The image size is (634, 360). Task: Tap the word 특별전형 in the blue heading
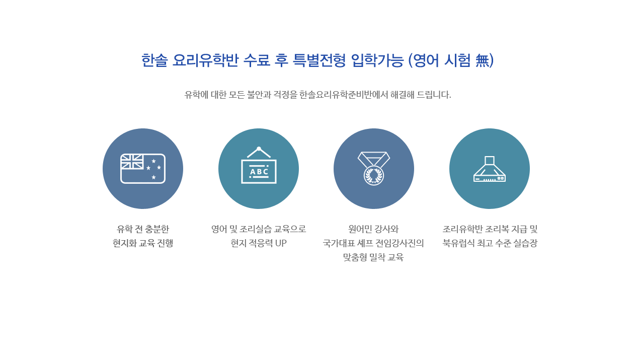coord(319,60)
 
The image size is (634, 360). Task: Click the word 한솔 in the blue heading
coord(154,60)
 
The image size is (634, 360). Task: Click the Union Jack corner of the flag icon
coord(132,162)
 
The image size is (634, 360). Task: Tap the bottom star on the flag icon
coord(153,177)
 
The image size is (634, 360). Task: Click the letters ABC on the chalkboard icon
coord(259,172)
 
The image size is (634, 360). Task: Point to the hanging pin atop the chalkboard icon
coord(259,149)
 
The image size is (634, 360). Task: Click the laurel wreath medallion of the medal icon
coord(373,176)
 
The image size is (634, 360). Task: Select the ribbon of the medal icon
coord(373,159)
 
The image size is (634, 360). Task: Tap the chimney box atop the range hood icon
coord(490,161)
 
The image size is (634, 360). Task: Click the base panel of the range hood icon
coord(490,179)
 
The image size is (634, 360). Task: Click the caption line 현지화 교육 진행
coord(143,243)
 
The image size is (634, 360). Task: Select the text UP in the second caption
coord(281,243)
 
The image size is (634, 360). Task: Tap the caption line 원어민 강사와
coord(373,229)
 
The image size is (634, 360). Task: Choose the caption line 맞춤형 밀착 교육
coord(373,257)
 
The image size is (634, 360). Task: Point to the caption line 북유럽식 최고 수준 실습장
coord(490,243)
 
